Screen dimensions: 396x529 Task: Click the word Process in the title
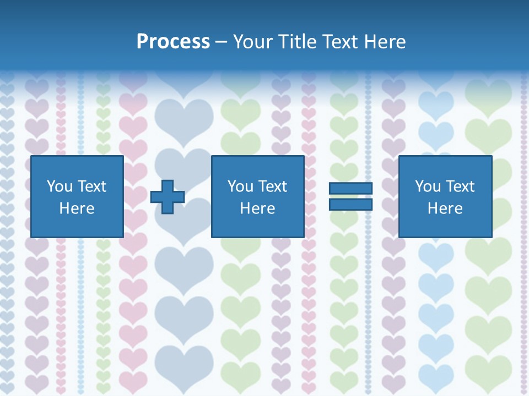pos(173,42)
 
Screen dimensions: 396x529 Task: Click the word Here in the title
pos(387,42)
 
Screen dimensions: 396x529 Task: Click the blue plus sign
pos(168,197)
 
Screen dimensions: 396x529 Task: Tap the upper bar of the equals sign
pos(350,189)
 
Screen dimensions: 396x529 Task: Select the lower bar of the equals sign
pos(350,205)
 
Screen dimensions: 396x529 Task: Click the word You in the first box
pos(60,186)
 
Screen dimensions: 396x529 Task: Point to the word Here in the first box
pos(77,208)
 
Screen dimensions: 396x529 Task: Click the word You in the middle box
pos(240,186)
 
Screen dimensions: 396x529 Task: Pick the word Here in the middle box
pos(257,208)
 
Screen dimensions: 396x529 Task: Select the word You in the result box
pos(428,186)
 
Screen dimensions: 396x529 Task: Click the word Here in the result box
pos(445,208)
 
